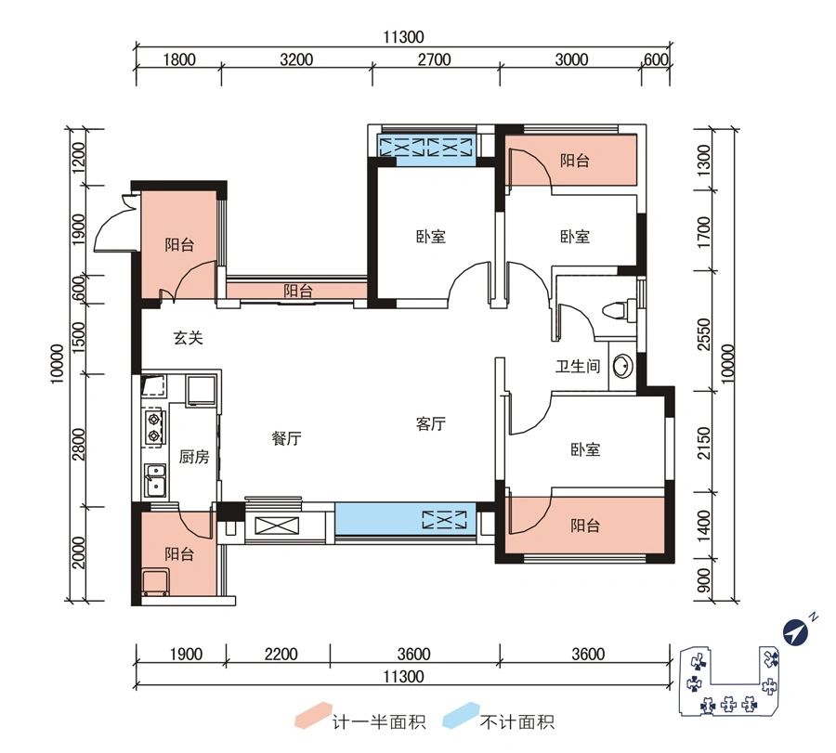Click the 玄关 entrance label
[188, 339]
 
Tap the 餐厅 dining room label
[287, 439]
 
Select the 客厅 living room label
[431, 424]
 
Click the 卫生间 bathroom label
[577, 367]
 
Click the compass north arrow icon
[796, 632]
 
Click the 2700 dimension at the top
[434, 60]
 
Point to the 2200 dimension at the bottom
[280, 655]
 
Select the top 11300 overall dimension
[402, 38]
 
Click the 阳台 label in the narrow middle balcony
[297, 292]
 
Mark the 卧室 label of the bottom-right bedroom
[585, 450]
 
